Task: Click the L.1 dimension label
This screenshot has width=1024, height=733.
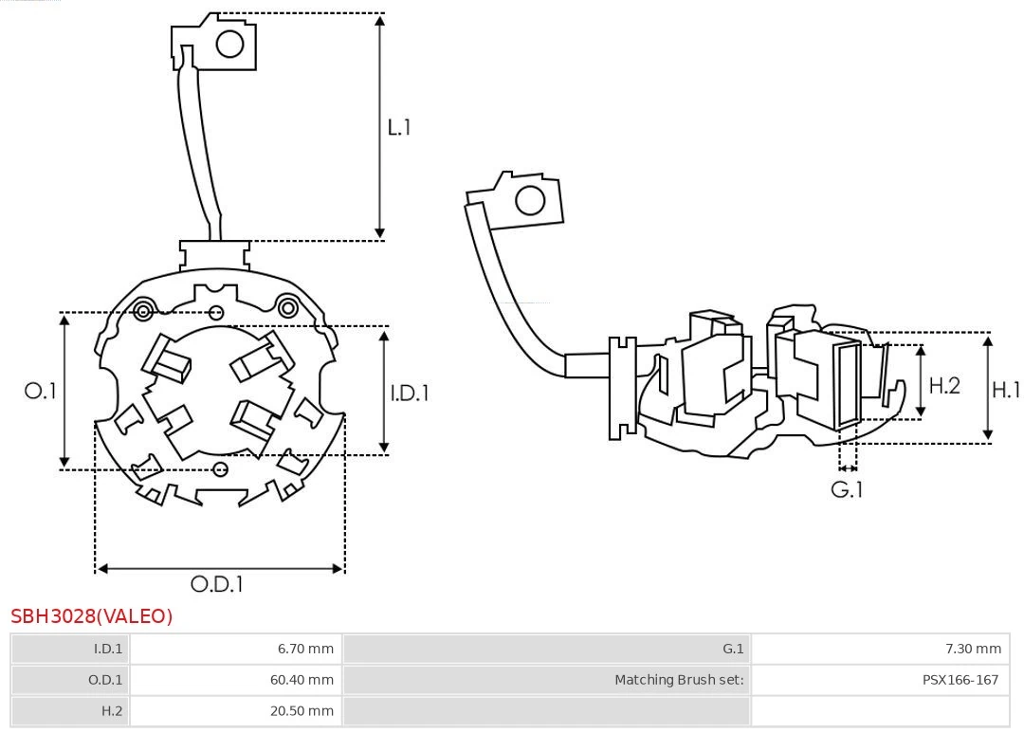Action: pos(399,126)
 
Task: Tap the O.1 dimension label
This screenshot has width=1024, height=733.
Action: pos(41,391)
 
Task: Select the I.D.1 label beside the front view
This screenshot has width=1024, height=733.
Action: pos(410,392)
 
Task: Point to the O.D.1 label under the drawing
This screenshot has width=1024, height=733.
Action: pos(217,584)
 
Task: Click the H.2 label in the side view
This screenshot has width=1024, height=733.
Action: pos(944,385)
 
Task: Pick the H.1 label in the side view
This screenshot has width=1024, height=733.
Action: pos(1006,389)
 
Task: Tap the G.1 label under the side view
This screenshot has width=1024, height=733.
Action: pos(847,489)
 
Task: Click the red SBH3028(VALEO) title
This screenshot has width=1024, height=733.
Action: pos(92,616)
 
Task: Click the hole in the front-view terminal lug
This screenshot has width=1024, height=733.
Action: pos(230,44)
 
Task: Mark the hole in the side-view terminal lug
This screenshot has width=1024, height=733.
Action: pos(529,200)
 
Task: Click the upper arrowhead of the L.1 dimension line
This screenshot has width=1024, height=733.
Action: pos(379,20)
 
